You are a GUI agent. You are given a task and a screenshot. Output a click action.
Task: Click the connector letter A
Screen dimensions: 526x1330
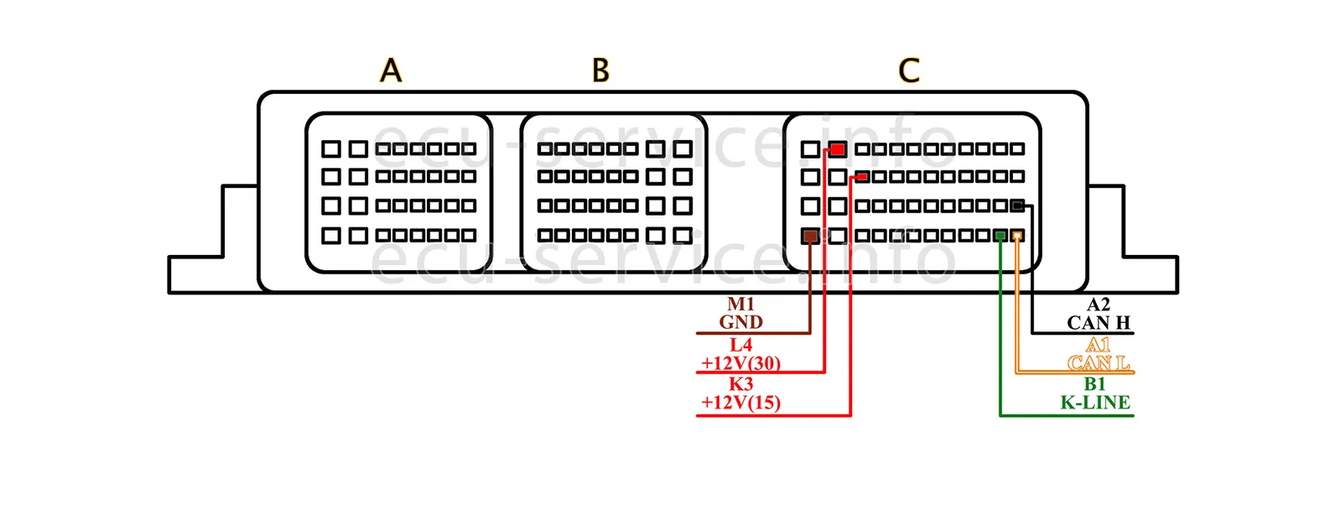point(391,70)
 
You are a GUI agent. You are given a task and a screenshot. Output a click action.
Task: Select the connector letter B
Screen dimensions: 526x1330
point(600,70)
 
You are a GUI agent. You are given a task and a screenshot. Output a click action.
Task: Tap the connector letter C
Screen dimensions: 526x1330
point(909,70)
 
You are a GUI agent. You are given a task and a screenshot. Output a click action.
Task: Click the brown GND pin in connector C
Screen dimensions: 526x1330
point(810,236)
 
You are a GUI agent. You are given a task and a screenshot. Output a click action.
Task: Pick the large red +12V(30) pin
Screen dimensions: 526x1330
point(837,149)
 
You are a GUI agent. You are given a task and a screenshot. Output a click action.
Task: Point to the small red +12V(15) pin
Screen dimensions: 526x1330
point(861,176)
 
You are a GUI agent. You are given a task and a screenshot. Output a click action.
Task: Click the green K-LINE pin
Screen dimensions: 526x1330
point(1000,236)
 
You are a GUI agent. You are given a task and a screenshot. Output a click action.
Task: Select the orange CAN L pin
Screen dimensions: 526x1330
point(1017,236)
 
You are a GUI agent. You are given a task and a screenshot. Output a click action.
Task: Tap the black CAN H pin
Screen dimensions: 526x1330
point(1017,205)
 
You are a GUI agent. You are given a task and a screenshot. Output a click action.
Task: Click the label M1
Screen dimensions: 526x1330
point(741,304)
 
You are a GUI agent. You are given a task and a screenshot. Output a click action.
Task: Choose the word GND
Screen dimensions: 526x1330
point(741,322)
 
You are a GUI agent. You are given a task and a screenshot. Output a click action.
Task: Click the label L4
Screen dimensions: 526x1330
point(741,345)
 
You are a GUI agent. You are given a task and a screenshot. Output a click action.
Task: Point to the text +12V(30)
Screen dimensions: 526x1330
point(741,363)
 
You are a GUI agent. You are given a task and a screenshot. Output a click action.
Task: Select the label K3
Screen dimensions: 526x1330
point(741,384)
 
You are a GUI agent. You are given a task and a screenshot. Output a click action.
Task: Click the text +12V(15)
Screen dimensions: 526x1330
point(741,403)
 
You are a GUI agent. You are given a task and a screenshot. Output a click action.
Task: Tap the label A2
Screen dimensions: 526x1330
point(1099,305)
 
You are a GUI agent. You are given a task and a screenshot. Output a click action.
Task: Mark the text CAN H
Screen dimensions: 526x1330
point(1099,323)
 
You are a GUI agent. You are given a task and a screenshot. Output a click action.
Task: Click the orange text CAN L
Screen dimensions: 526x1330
point(1099,363)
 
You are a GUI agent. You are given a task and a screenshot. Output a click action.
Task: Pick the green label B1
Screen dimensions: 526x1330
point(1095,384)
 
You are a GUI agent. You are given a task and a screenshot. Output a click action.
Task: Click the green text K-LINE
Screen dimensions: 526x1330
point(1095,403)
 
